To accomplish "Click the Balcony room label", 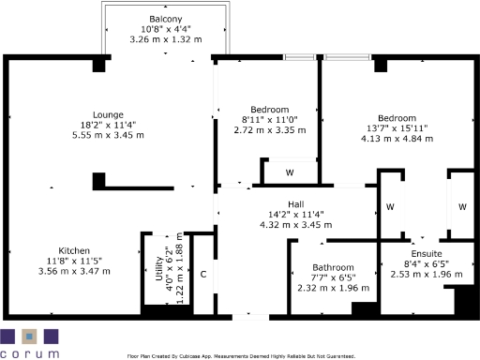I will tap(165, 20).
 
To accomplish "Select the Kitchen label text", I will tap(74, 250).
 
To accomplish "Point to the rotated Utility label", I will tap(158, 277).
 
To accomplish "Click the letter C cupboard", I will tap(203, 274).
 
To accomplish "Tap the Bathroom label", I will tap(333, 267).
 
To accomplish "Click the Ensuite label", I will tap(427, 254).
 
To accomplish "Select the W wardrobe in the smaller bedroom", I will tap(290, 172).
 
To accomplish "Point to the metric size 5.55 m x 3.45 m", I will tap(108, 135).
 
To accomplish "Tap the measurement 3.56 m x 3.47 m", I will tap(74, 271).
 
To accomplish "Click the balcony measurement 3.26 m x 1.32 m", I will tap(165, 39).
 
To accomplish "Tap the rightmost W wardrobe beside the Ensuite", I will tap(462, 205).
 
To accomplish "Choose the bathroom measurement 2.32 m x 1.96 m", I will tap(333, 288).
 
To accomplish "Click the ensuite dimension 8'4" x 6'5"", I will tap(427, 264).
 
